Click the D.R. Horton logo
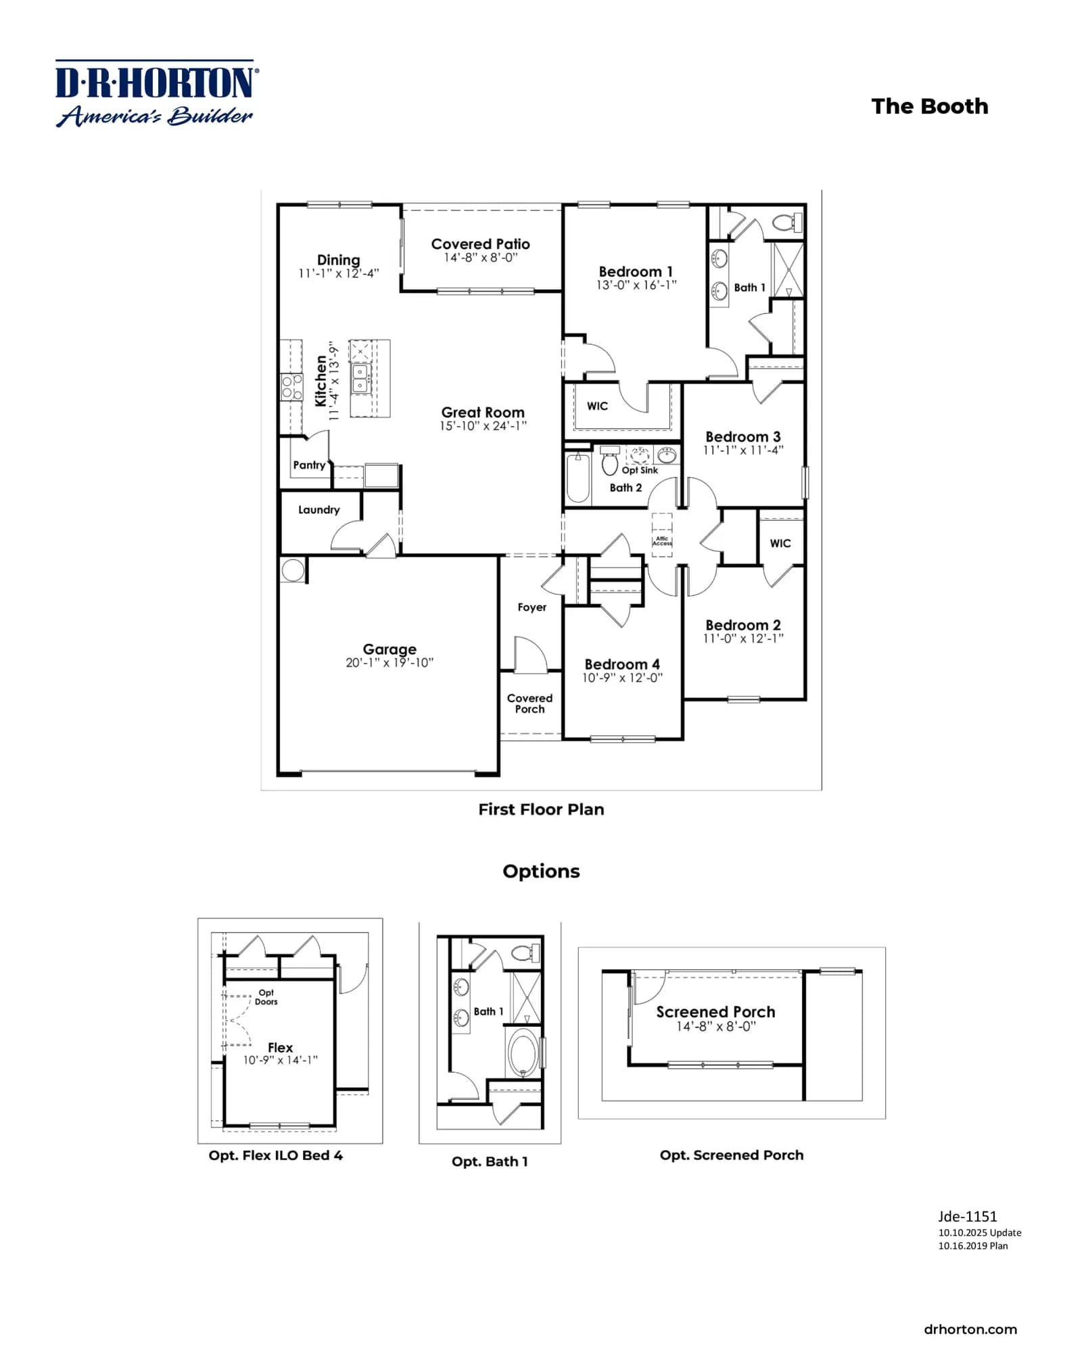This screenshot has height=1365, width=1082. [156, 93]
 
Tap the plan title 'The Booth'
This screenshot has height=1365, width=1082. [929, 106]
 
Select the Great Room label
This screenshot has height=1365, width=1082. [483, 412]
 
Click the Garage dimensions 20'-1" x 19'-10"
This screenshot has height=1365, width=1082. [390, 663]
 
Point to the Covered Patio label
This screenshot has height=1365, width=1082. [481, 244]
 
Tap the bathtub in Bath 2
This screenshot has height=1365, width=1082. [578, 478]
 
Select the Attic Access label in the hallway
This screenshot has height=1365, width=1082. [662, 541]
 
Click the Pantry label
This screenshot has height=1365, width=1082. [309, 465]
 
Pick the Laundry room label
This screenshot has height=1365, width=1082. [319, 509]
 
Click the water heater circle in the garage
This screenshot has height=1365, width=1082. [293, 570]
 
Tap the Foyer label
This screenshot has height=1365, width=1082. [532, 607]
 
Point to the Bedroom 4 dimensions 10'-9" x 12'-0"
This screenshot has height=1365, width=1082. [622, 678]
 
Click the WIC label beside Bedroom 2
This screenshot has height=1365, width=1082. [780, 543]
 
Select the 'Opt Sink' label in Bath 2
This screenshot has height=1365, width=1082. [640, 470]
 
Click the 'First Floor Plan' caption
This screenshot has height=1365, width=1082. [541, 809]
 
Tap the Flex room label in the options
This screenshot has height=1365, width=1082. [280, 1047]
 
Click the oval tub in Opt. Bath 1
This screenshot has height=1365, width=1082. [523, 1053]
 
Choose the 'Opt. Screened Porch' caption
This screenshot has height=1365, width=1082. [732, 1155]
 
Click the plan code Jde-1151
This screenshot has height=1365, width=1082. [967, 1216]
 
